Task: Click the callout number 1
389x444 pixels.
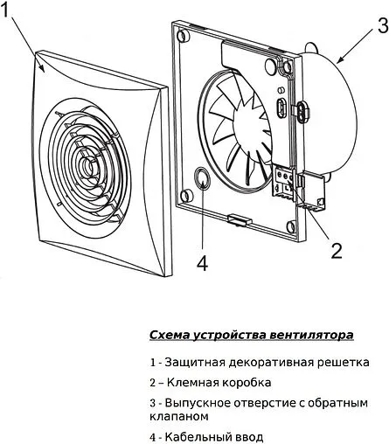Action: click(x=11, y=11)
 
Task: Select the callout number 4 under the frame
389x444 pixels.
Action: click(x=203, y=262)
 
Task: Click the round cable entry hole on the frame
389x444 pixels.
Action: click(x=203, y=182)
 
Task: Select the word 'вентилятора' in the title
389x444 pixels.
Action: click(x=316, y=335)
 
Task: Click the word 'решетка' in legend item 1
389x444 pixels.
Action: click(x=344, y=361)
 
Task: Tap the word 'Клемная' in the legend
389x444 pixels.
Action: click(x=187, y=383)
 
